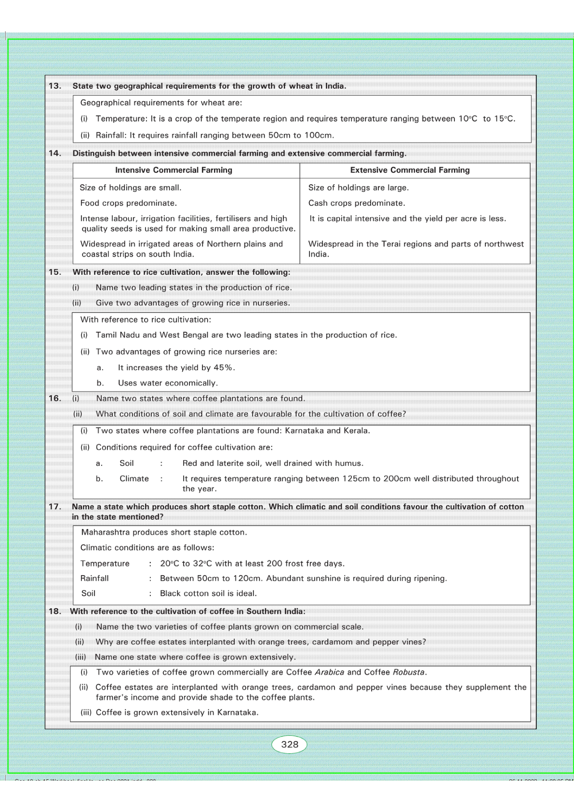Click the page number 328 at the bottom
pos(290,744)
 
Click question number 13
pos(55,86)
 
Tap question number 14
pos(55,153)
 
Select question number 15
pos(55,272)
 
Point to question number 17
pos(55,506)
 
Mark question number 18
pos(55,611)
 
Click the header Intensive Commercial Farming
pos(174,170)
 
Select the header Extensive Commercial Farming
pos(410,170)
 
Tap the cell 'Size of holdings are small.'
pos(131,188)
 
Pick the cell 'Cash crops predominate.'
pos(357,203)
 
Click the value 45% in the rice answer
pos(224,367)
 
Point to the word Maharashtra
pos(106,532)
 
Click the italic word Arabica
pos(329,672)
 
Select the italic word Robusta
pos(409,672)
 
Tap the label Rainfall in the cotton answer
pos(94,578)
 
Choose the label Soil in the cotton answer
pos(88,593)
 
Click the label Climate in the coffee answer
pos(134,478)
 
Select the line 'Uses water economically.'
pos(168,383)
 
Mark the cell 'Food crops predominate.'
pos(128,203)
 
